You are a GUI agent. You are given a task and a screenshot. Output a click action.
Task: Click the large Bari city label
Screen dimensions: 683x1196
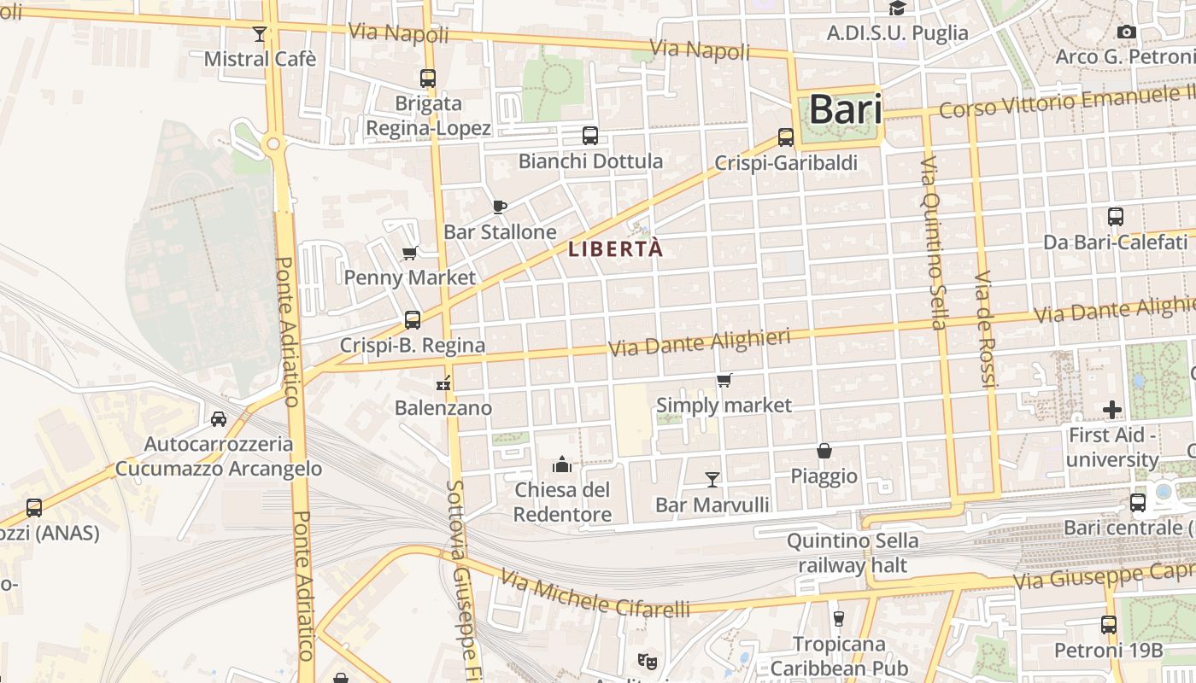click(845, 109)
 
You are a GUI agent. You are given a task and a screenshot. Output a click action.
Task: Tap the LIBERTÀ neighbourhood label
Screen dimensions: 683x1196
click(615, 249)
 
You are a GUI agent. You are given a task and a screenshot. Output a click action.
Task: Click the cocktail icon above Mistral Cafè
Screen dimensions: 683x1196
click(260, 34)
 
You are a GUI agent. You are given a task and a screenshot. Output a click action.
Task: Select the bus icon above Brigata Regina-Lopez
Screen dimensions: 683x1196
click(428, 79)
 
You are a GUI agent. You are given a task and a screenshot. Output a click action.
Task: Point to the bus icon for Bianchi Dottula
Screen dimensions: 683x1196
click(590, 136)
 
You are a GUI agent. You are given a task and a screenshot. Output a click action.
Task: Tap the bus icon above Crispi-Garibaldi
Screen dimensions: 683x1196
click(786, 137)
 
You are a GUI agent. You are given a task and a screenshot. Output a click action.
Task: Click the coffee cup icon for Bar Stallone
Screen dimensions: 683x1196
click(500, 207)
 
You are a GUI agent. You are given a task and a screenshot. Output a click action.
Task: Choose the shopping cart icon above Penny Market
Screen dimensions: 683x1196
click(409, 253)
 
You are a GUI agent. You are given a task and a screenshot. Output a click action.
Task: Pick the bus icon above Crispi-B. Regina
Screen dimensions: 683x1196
click(413, 320)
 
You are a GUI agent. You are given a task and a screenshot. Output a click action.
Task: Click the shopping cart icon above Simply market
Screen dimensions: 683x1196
click(724, 380)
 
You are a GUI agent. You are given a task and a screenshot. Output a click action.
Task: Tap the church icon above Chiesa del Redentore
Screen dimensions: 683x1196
click(562, 464)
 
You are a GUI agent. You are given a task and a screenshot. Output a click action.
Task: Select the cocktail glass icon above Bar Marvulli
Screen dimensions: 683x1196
click(712, 479)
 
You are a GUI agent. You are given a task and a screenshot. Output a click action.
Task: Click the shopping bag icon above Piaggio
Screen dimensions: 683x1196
click(824, 451)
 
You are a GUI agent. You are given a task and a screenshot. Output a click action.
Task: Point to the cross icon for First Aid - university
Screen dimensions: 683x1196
click(1111, 410)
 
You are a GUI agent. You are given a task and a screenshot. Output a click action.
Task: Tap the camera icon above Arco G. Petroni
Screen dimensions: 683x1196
click(1127, 32)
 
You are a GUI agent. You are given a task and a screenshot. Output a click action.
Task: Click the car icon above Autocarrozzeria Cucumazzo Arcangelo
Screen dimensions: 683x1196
click(219, 418)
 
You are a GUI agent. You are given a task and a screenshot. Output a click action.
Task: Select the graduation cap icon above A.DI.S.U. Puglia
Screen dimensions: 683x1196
click(897, 9)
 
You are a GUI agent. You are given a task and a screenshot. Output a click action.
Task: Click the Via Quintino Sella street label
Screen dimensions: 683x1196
click(935, 243)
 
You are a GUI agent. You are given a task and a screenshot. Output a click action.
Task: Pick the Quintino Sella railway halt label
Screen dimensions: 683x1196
click(853, 552)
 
